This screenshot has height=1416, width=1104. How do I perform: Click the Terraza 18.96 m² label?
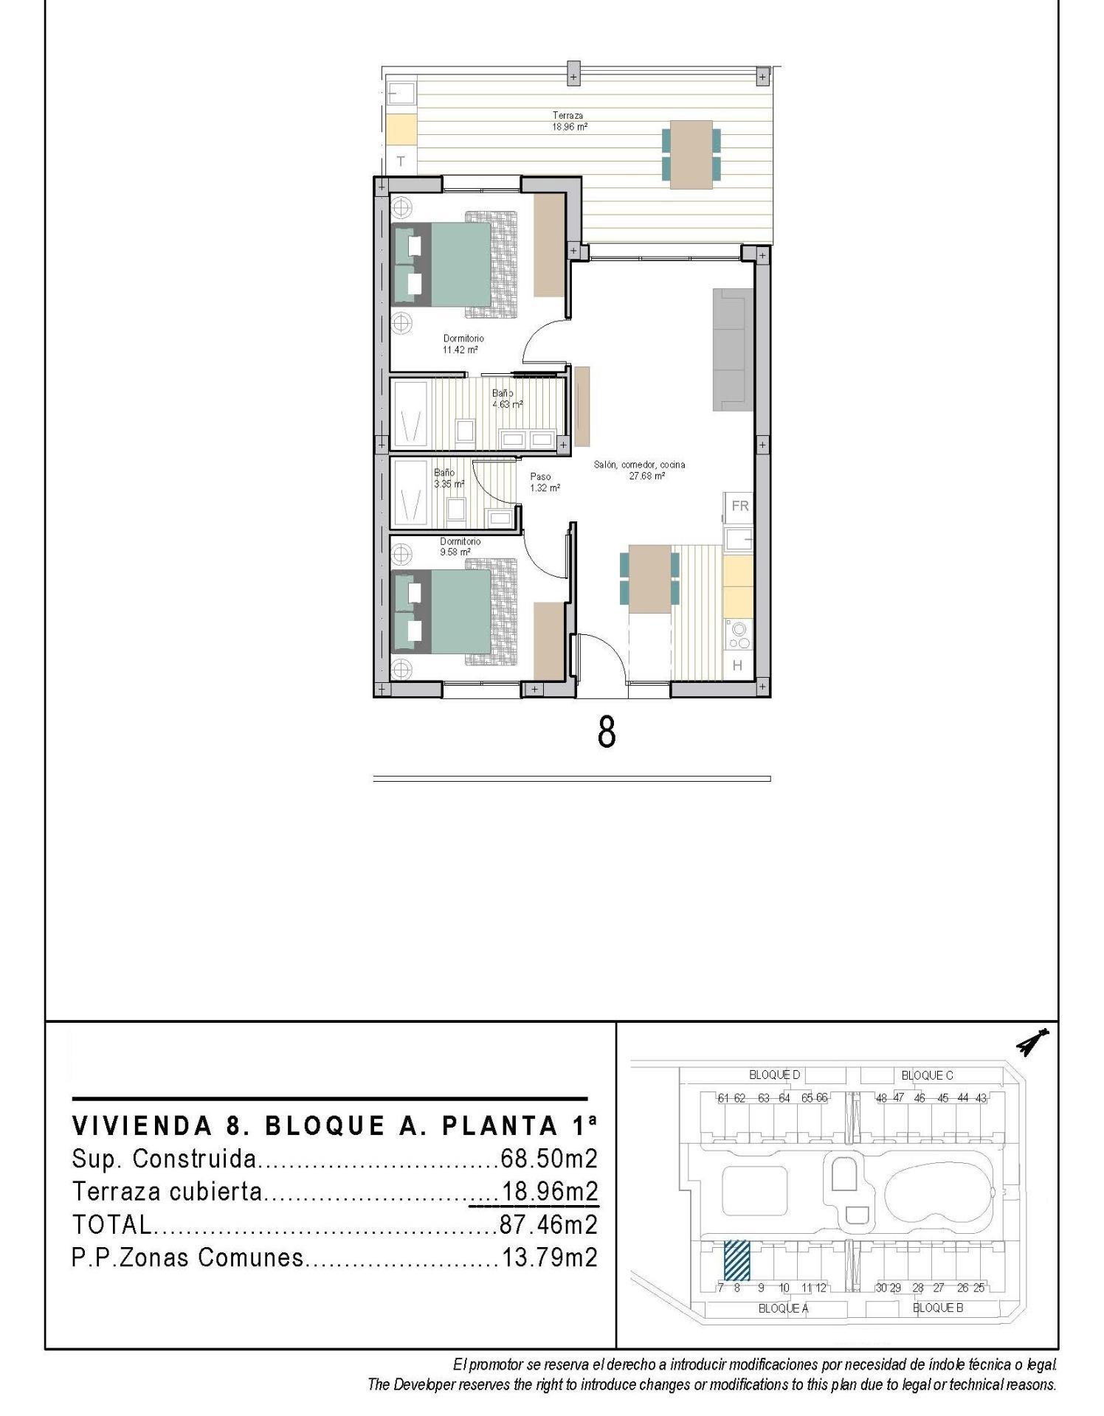pyautogui.click(x=569, y=121)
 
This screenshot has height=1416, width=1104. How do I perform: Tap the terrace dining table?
pyautogui.click(x=691, y=154)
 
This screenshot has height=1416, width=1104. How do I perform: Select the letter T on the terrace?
pyautogui.click(x=401, y=161)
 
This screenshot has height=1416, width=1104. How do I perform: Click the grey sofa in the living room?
pyautogui.click(x=732, y=349)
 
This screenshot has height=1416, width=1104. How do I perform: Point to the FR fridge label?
pyautogui.click(x=739, y=506)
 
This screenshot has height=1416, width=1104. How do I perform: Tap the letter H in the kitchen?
pyautogui.click(x=736, y=665)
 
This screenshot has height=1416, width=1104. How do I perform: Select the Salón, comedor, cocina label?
pyautogui.click(x=639, y=470)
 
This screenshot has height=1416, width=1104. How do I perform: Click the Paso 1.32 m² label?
pyautogui.click(x=544, y=482)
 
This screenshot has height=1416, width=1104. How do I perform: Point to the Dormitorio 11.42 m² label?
pyautogui.click(x=463, y=344)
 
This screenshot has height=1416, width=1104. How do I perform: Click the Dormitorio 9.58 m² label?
pyautogui.click(x=459, y=546)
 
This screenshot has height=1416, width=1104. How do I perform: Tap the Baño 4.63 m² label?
pyautogui.click(x=507, y=399)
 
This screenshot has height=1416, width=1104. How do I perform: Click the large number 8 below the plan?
pyautogui.click(x=606, y=732)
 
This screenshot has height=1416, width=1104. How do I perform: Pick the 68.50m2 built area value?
pyautogui.click(x=548, y=1159)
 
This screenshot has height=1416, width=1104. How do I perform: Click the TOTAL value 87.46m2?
pyautogui.click(x=548, y=1224)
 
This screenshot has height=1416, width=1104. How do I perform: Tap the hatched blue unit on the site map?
pyautogui.click(x=736, y=1260)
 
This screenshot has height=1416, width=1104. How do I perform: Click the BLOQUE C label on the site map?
pyautogui.click(x=927, y=1075)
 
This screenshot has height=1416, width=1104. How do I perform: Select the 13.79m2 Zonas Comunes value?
pyautogui.click(x=549, y=1257)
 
